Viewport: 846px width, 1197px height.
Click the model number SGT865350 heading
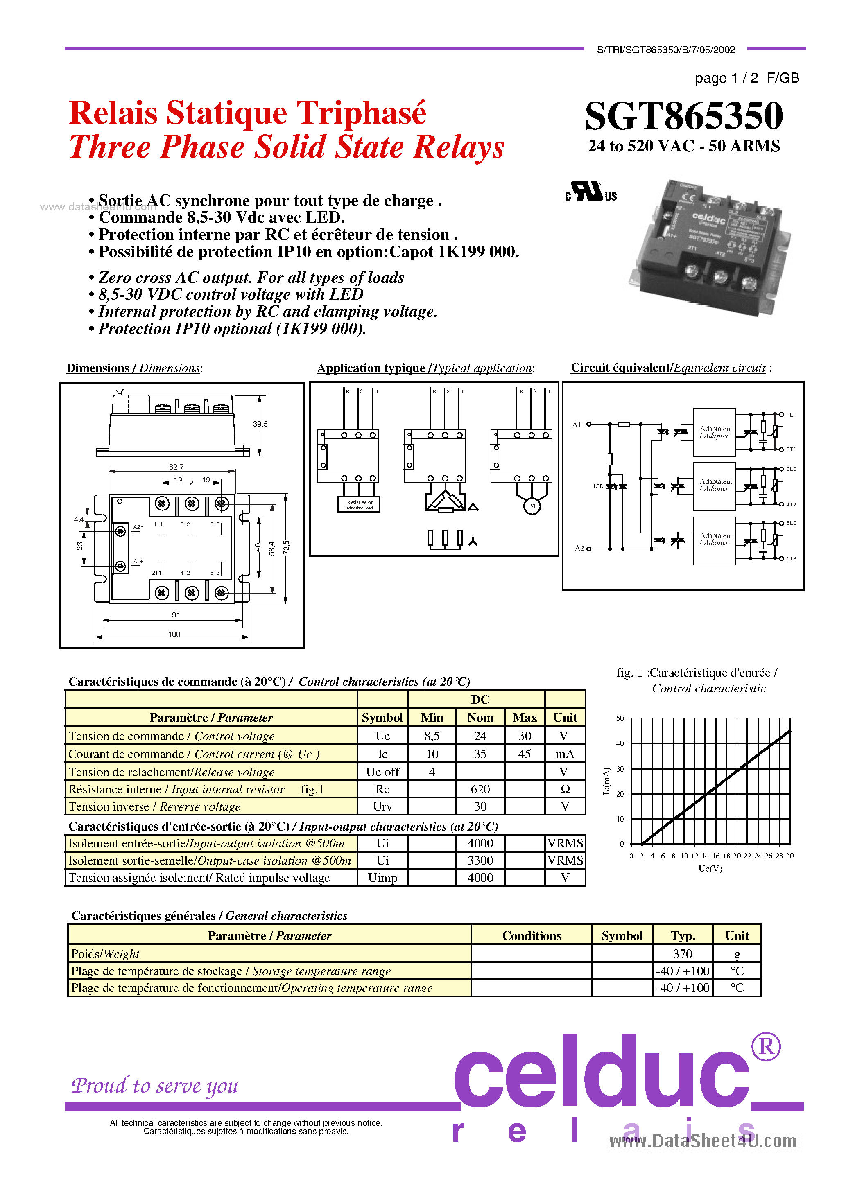tap(683, 116)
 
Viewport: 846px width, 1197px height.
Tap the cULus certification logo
tap(590, 192)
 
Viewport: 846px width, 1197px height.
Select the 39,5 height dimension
tap(260, 424)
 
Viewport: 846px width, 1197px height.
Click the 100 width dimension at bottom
tap(174, 635)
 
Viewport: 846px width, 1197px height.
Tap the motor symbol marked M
tap(532, 506)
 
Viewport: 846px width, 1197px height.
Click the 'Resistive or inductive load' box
tap(359, 504)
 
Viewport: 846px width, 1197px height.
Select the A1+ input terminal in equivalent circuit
tap(579, 425)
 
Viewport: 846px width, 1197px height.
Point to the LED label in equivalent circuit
tap(598, 486)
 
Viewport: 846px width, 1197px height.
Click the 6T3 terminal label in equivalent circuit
tap(791, 558)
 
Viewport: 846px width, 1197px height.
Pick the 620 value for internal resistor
tap(480, 789)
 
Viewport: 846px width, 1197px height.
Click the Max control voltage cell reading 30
tap(524, 736)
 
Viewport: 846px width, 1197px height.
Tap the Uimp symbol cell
tap(382, 877)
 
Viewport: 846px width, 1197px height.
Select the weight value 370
tap(682, 953)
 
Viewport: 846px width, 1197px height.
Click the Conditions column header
tap(531, 935)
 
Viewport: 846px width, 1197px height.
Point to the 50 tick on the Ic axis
tap(620, 718)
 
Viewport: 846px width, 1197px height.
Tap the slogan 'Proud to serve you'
tap(155, 1085)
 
